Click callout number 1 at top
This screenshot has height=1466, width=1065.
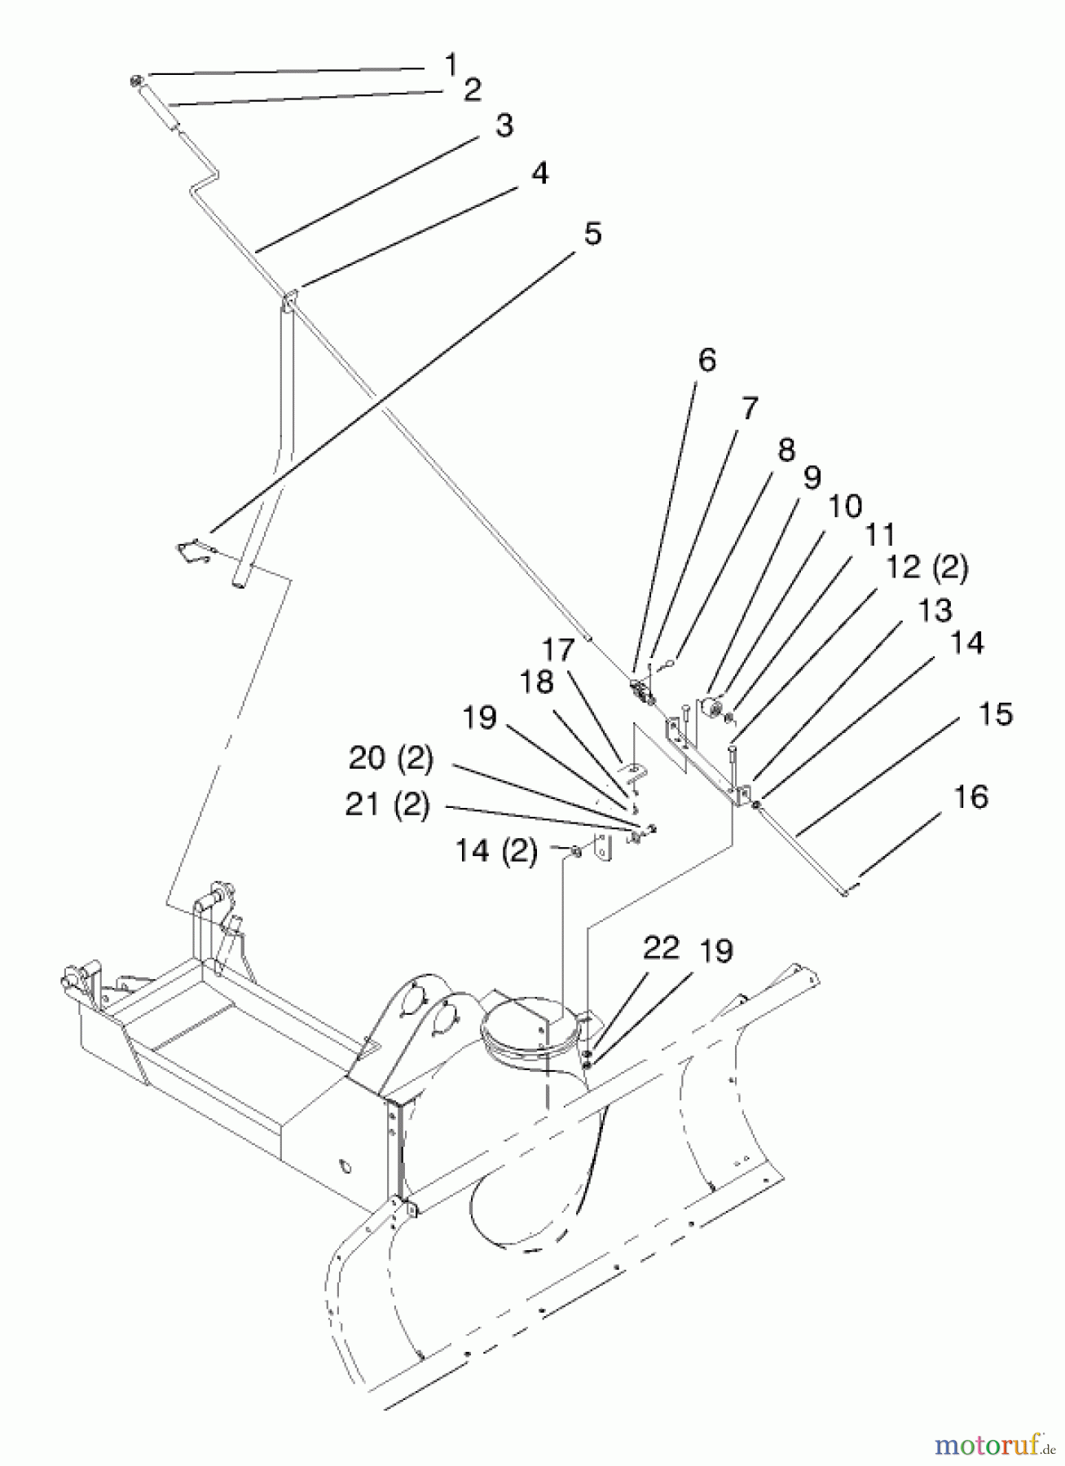[x=451, y=63]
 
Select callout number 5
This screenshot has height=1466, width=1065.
[x=592, y=234]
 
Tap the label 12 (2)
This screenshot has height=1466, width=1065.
[x=926, y=568]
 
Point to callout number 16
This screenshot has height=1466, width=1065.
[x=970, y=797]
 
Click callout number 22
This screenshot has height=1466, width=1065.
[x=660, y=948]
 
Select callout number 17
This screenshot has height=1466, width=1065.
[x=559, y=650]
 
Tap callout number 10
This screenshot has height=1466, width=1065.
[x=845, y=506]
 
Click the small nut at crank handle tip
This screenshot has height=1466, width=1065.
[x=137, y=80]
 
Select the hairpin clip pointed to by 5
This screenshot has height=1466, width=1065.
[x=194, y=551]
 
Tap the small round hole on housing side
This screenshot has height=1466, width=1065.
[x=345, y=1168]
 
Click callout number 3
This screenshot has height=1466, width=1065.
[x=504, y=126]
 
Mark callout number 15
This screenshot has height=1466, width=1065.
[x=993, y=714]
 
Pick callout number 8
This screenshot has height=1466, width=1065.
[x=786, y=450]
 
